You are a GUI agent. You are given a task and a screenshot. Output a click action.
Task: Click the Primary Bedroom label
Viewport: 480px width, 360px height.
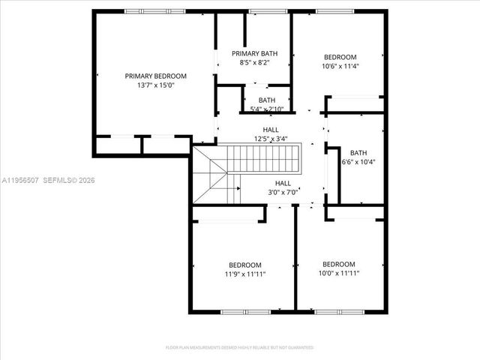tap(155, 76)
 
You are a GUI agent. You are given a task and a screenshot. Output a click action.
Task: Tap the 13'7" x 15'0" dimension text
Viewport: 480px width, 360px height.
tap(155, 85)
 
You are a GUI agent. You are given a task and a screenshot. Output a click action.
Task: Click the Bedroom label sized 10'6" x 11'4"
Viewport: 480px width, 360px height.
tap(340, 57)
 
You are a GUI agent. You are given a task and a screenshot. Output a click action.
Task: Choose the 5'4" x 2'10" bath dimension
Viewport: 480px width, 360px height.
tap(266, 109)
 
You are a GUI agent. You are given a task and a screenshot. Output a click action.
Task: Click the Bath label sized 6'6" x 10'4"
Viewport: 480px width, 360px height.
tap(358, 152)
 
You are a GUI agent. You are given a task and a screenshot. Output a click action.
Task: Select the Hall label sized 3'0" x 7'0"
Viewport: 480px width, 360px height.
tap(283, 183)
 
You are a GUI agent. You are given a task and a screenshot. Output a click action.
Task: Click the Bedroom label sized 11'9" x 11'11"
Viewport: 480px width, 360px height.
tap(245, 265)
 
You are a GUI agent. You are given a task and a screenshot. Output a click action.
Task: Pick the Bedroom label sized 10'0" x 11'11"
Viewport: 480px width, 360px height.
tap(339, 264)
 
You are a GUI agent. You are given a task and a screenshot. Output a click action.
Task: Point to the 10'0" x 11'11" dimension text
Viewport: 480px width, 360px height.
tap(339, 273)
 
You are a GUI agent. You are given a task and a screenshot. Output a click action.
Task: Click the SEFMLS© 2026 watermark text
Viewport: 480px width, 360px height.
tap(69, 180)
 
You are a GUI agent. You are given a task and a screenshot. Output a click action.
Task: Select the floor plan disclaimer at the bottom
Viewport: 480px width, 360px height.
tap(239, 348)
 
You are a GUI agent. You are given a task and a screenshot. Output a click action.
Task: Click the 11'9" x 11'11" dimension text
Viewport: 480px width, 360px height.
tap(245, 274)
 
